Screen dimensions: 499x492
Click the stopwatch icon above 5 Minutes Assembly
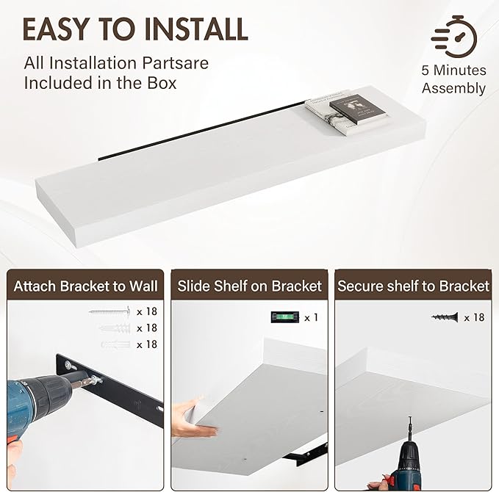454,37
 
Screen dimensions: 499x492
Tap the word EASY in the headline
57,29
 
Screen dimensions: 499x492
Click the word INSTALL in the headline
196,29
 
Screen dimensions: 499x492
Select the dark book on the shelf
358,109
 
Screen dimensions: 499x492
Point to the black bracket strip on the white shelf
202,130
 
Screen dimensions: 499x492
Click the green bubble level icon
285,317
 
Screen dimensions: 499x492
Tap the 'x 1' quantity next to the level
312,317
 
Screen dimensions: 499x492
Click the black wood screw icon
445,317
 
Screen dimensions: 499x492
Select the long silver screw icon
110,311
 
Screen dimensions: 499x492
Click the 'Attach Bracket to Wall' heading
85,286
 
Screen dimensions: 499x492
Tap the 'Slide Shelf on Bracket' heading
250,286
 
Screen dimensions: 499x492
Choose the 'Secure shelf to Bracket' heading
413,286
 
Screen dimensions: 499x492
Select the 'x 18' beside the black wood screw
474,317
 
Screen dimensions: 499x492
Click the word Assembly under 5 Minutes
454,88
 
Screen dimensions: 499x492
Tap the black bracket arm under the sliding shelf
305,454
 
